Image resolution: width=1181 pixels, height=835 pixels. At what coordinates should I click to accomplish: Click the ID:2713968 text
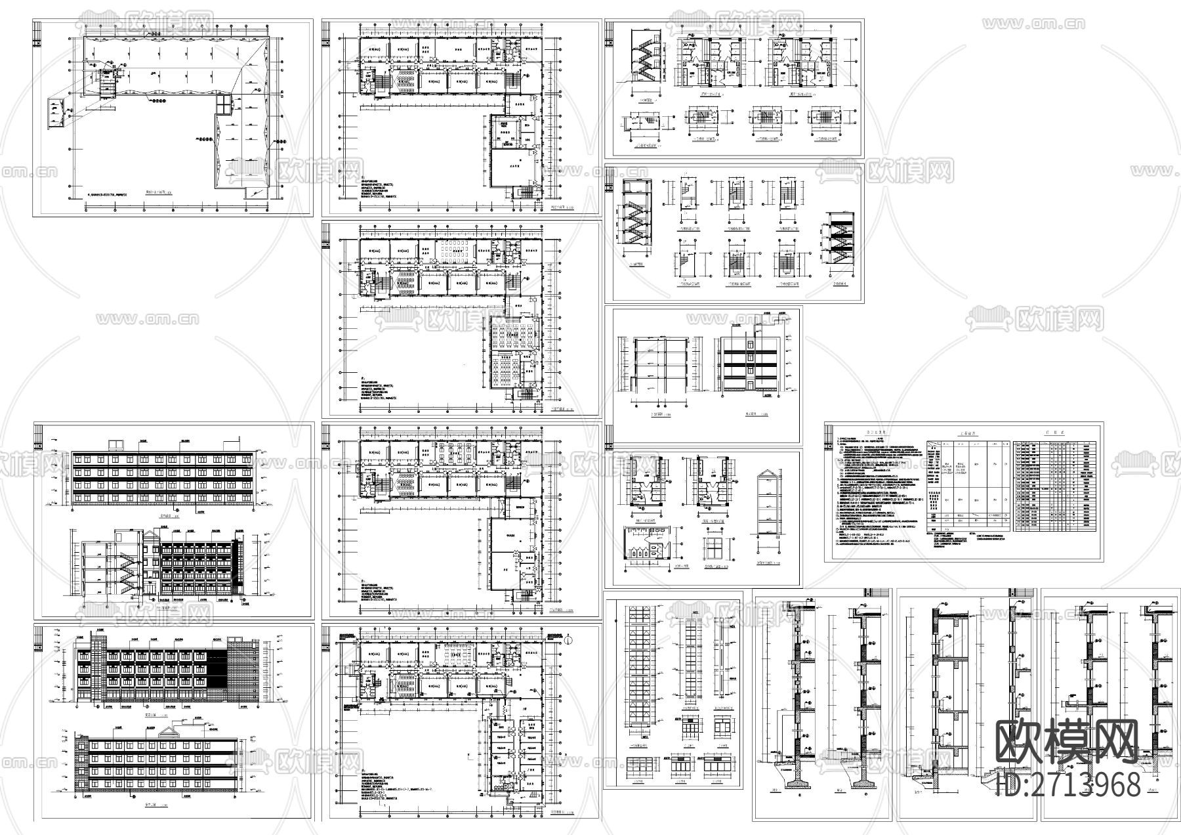pyautogui.click(x=1067, y=784)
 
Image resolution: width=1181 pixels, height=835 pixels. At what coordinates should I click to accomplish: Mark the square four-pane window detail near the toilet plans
pyautogui.click(x=713, y=547)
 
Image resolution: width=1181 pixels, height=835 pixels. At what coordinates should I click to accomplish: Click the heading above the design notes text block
pyautogui.click(x=872, y=433)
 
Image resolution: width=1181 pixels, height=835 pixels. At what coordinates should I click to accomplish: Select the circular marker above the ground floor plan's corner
pyautogui.click(x=568, y=641)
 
